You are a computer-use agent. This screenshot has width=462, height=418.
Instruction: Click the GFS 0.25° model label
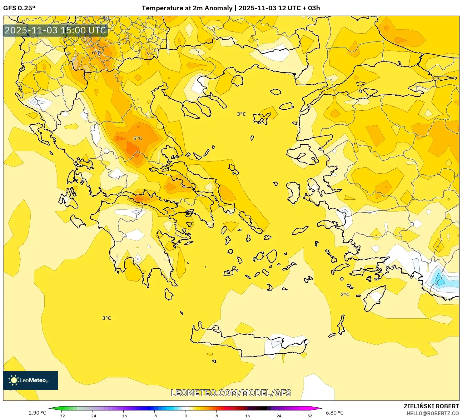[19, 8]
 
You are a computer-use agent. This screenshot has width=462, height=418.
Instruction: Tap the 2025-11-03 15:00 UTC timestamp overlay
[55, 30]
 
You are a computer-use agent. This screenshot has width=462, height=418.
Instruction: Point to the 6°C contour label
[96, 53]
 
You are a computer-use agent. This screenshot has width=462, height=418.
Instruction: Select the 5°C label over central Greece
[138, 138]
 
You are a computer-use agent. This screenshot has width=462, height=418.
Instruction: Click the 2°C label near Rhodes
[345, 295]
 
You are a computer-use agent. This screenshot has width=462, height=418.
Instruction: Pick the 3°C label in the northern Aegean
[241, 114]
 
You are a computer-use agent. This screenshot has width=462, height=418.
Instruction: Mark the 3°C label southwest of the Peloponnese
[107, 318]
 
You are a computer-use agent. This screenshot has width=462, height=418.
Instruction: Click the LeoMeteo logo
[31, 380]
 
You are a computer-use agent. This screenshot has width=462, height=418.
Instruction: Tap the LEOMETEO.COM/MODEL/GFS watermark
[231, 393]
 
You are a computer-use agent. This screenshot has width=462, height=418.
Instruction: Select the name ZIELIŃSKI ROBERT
[431, 406]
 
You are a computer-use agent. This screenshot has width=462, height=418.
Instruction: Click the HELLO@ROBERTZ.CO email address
[432, 413]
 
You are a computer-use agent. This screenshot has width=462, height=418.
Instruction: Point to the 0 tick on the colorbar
[186, 416]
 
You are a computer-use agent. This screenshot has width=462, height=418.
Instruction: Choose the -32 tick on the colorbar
[61, 416]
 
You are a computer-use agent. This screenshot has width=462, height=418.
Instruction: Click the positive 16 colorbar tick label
[247, 416]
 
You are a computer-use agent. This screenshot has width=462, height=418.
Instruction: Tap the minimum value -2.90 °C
[36, 413]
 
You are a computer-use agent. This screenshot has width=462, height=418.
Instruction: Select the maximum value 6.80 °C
[335, 413]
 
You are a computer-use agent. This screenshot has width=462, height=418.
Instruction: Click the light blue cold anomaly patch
[439, 279]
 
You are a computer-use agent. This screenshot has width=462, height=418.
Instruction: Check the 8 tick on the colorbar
[216, 416]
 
